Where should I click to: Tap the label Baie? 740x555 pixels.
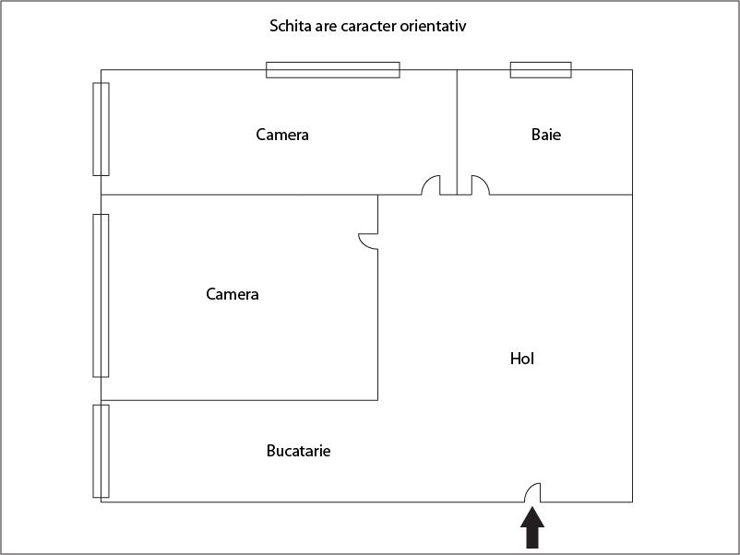pyautogui.click(x=546, y=135)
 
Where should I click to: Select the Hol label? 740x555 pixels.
pyautogui.click(x=522, y=358)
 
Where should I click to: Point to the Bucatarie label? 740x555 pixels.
pyautogui.click(x=298, y=451)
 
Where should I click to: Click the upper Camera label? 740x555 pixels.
pyautogui.click(x=282, y=135)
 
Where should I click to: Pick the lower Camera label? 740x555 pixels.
pyautogui.click(x=233, y=294)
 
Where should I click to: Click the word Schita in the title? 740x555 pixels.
pyautogui.click(x=289, y=26)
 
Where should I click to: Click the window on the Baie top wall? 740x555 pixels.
pyautogui.click(x=541, y=69)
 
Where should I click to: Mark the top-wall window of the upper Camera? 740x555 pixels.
pyautogui.click(x=333, y=69)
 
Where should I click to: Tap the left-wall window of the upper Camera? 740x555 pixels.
pyautogui.click(x=101, y=129)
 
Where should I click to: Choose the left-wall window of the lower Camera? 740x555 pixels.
pyautogui.click(x=101, y=295)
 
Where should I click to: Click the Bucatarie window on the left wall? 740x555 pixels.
pyautogui.click(x=101, y=451)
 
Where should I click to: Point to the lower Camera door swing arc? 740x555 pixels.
pyautogui.click(x=367, y=241)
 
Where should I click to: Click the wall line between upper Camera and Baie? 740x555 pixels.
pyautogui.click(x=457, y=129)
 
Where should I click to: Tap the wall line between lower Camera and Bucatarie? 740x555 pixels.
pyautogui.click(x=240, y=400)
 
